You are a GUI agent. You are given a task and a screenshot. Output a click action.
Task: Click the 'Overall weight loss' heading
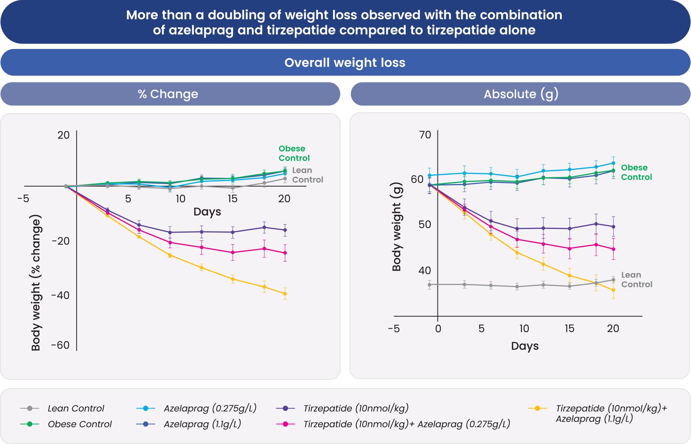coord(345,62)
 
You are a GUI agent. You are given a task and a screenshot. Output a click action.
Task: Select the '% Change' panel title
coord(168,94)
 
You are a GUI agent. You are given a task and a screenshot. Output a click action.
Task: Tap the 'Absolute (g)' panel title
coord(521,94)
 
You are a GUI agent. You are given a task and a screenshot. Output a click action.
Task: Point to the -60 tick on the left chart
coord(60,345)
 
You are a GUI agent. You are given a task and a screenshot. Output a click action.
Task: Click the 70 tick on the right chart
coord(425,135)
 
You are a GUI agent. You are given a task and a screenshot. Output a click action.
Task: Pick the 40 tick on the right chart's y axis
coord(425,271)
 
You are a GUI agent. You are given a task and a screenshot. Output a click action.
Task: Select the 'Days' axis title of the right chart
coord(525,346)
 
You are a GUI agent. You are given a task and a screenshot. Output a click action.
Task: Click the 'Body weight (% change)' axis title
coord(36,283)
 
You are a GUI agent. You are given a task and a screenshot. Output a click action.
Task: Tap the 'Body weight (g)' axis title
coord(397,227)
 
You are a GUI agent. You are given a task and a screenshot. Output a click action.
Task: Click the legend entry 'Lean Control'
coord(76,408)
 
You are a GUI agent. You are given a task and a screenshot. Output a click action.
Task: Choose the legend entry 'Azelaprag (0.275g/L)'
coord(210,408)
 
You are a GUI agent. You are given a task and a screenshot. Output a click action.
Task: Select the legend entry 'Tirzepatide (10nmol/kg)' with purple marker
coord(356,408)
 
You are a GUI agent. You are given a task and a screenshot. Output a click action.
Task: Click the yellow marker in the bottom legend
coord(537,408)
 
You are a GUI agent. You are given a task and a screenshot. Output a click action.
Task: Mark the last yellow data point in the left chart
coord(285,294)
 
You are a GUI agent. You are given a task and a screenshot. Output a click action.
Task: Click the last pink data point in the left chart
coord(285,253)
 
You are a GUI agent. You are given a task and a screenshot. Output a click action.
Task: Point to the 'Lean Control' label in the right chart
coord(636,280)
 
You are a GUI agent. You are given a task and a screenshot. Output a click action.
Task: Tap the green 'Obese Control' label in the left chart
coord(294,153)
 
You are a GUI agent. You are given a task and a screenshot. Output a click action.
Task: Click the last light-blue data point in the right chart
coord(613,163)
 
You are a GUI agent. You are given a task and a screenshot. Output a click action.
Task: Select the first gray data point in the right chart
coord(430,284)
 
